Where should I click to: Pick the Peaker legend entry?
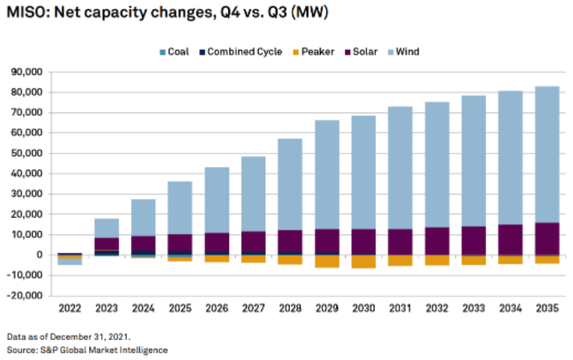[x=315, y=51]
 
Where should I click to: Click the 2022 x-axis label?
[x=70, y=308]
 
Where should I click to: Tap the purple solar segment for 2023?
[x=106, y=243]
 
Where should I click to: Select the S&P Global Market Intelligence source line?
[x=87, y=350]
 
